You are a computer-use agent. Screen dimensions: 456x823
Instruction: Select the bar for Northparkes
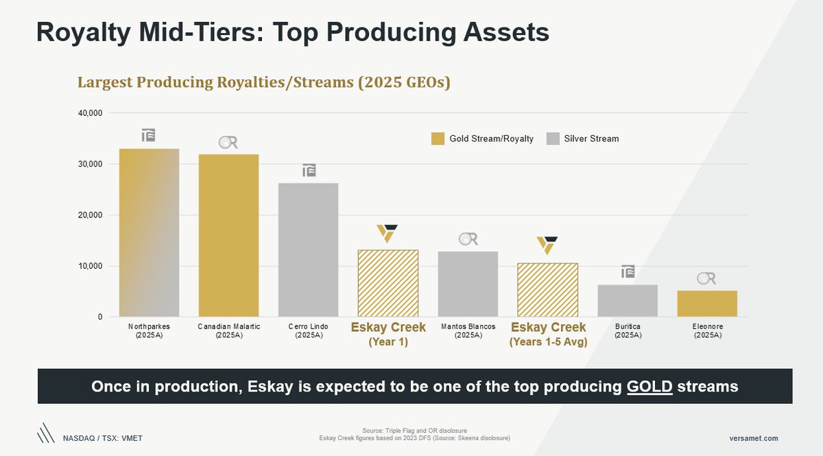click(x=149, y=232)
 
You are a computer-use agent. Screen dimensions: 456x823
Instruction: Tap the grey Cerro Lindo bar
click(x=308, y=250)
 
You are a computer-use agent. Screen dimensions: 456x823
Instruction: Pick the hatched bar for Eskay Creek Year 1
click(x=388, y=283)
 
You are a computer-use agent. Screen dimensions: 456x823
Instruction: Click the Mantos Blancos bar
click(x=468, y=284)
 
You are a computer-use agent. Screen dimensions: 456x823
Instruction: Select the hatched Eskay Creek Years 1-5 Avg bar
click(x=547, y=290)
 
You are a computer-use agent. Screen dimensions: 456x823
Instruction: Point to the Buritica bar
click(x=628, y=300)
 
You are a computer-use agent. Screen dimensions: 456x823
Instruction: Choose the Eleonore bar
click(x=707, y=304)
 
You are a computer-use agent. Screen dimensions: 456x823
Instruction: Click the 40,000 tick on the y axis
click(x=89, y=113)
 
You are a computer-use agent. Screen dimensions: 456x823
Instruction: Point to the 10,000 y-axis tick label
click(x=89, y=266)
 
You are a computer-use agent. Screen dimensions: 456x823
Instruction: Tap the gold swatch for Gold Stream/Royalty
click(x=438, y=139)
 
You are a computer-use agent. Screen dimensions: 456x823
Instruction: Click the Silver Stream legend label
click(x=591, y=139)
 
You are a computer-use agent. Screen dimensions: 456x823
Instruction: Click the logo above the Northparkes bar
click(x=149, y=135)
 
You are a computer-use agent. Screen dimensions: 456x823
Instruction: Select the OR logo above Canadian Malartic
click(x=228, y=143)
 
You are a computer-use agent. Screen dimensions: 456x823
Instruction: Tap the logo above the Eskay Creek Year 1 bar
click(x=388, y=233)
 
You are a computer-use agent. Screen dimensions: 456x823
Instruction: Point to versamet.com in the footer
click(x=754, y=438)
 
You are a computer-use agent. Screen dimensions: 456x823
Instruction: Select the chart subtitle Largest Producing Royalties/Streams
click(x=263, y=82)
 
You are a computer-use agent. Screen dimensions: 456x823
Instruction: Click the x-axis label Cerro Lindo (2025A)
click(x=308, y=331)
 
